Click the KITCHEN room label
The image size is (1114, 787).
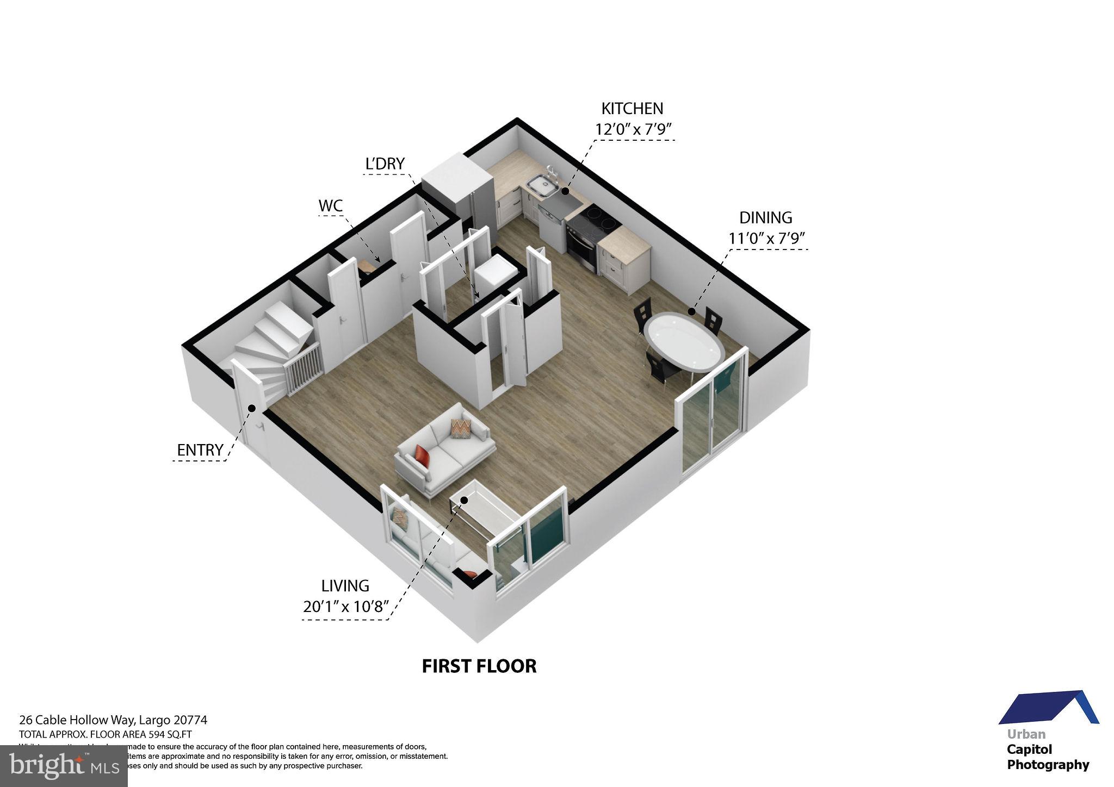click(632, 109)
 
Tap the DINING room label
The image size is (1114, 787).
click(765, 218)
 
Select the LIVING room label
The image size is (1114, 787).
click(345, 586)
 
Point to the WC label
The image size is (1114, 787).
click(331, 206)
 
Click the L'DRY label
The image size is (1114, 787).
click(385, 164)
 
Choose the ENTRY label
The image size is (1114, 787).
click(200, 450)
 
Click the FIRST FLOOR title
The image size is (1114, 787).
click(479, 666)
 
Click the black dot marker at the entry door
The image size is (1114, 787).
click(252, 408)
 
